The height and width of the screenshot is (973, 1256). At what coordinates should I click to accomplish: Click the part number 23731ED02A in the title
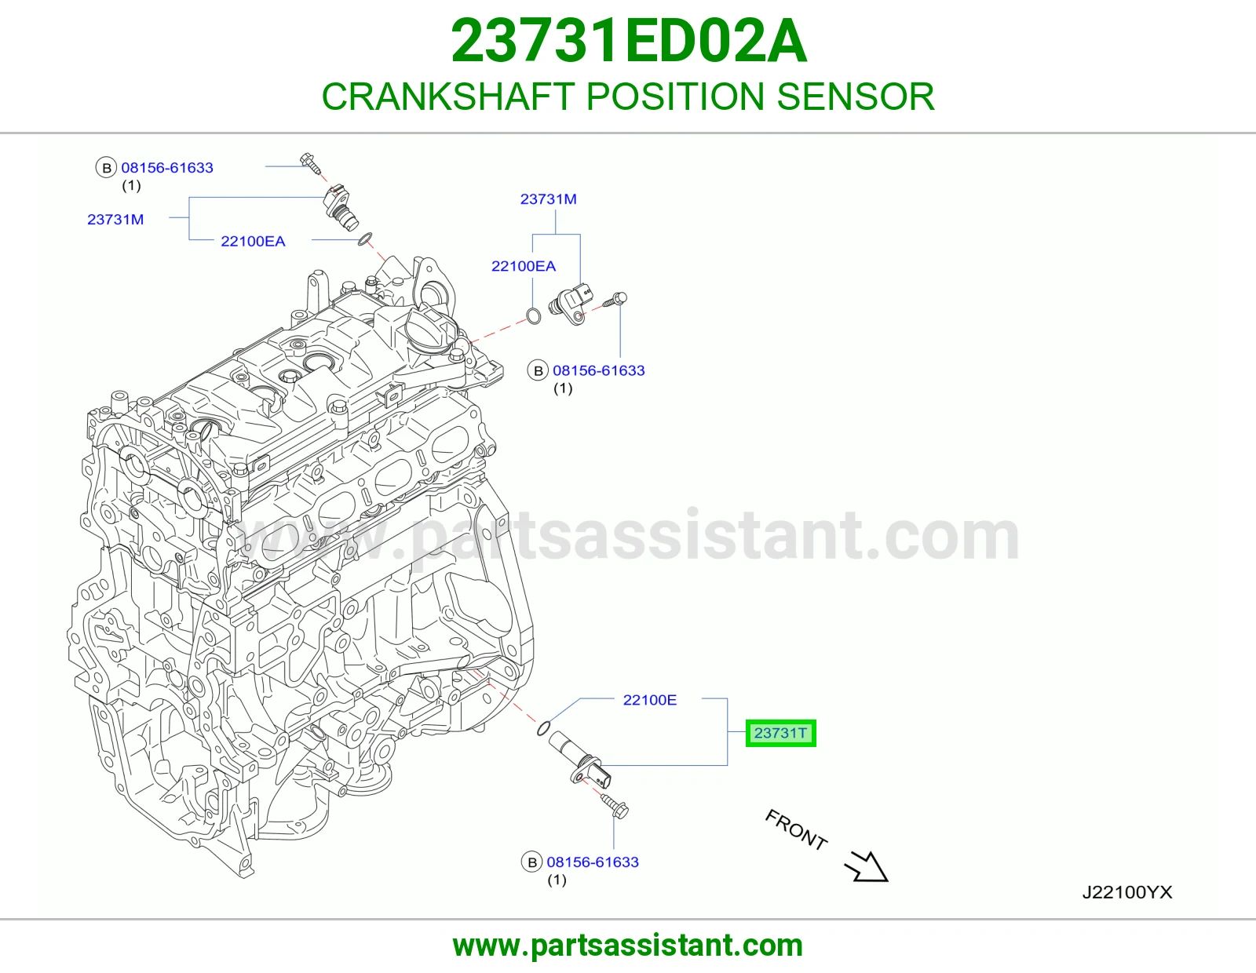pyautogui.click(x=628, y=41)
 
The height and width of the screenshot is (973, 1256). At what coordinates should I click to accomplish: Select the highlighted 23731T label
pyautogui.click(x=780, y=733)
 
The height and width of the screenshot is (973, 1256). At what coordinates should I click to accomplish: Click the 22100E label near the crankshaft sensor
pyautogui.click(x=649, y=700)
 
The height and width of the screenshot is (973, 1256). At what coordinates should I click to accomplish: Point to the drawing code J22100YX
pyautogui.click(x=1126, y=892)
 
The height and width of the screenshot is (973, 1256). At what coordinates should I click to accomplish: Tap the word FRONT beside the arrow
pyautogui.click(x=796, y=829)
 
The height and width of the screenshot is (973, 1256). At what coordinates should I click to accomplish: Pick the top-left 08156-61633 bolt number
pyautogui.click(x=167, y=168)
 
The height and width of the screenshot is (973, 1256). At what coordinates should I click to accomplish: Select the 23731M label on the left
pyautogui.click(x=115, y=220)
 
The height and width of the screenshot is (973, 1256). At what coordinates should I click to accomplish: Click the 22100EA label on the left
pyautogui.click(x=253, y=241)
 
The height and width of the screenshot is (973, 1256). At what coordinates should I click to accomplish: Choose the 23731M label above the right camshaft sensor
pyautogui.click(x=548, y=199)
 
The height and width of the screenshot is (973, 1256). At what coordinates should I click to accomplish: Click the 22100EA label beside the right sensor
pyautogui.click(x=523, y=266)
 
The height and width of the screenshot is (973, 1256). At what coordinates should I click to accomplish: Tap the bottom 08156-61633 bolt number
pyautogui.click(x=593, y=862)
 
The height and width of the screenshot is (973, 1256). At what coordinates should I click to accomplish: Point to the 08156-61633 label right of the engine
pyautogui.click(x=598, y=370)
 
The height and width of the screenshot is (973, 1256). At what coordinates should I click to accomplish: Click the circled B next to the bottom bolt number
pyautogui.click(x=531, y=862)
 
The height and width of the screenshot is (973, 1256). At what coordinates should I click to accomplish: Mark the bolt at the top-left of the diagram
pyautogui.click(x=310, y=163)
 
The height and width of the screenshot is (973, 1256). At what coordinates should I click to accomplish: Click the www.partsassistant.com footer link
pyautogui.click(x=628, y=946)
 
